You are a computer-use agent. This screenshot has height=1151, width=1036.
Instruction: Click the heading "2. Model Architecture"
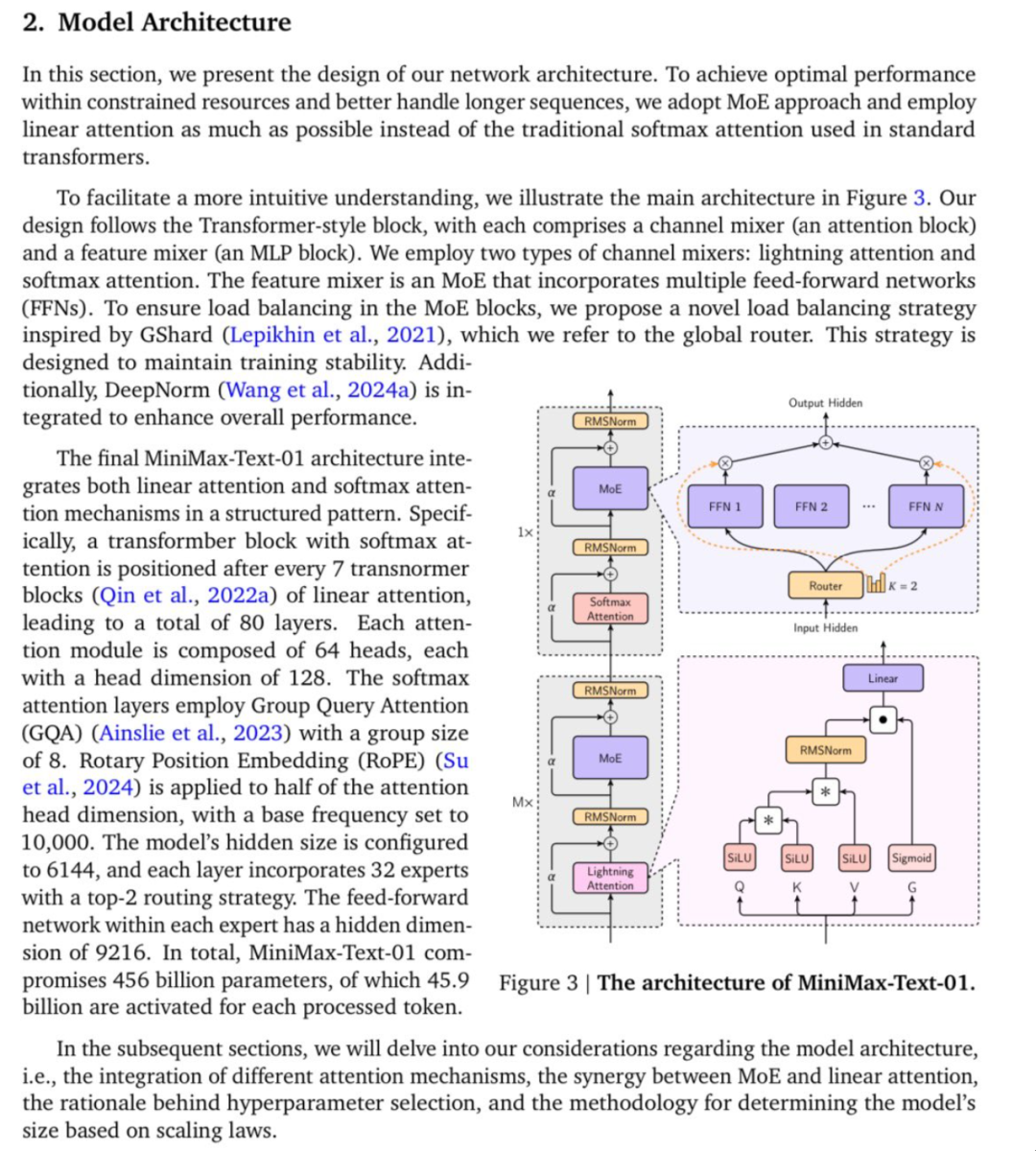click(156, 22)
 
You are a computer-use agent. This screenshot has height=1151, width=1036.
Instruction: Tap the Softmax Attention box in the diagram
click(610, 608)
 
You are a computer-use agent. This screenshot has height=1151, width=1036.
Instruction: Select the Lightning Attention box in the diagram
click(610, 878)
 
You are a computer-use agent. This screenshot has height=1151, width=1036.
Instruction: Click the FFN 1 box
click(724, 506)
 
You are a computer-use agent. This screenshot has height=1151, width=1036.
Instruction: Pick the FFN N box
click(926, 506)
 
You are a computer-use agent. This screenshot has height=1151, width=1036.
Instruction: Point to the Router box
click(825, 585)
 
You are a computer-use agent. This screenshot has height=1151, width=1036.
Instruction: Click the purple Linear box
click(883, 678)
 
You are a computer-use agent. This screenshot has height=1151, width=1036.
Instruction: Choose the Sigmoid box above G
click(910, 858)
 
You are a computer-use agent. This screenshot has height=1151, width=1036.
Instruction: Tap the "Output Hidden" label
click(825, 403)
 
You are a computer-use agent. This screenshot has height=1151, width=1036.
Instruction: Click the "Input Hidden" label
click(825, 627)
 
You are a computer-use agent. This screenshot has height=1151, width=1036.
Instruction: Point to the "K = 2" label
click(903, 585)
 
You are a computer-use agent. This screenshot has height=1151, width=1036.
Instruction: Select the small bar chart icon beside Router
click(876, 583)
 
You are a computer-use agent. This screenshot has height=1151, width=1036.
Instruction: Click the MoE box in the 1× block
click(610, 488)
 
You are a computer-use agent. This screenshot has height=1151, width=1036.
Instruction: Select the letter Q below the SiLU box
click(739, 887)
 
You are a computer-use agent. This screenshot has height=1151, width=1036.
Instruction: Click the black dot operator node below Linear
click(883, 718)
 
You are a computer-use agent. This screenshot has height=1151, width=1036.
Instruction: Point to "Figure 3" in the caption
click(538, 983)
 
